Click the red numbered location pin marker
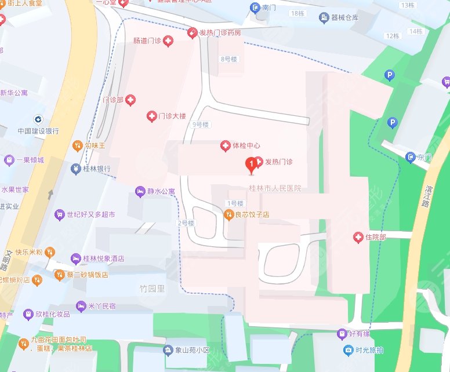click(x=251, y=166)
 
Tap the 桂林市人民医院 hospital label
click(x=275, y=189)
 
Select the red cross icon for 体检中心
click(x=225, y=145)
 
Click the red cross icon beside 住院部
click(x=358, y=237)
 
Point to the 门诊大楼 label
click(x=172, y=116)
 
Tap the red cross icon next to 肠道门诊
click(x=168, y=41)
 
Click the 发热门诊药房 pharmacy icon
click(x=191, y=33)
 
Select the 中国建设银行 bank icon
click(x=38, y=119)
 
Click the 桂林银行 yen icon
click(x=75, y=169)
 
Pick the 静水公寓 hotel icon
click(x=139, y=191)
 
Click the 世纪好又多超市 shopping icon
click(x=59, y=214)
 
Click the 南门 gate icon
click(x=254, y=8)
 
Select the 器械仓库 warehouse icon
click(x=323, y=17)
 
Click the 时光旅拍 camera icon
click(x=348, y=350)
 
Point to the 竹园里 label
click(x=152, y=289)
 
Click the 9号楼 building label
click(x=201, y=125)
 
